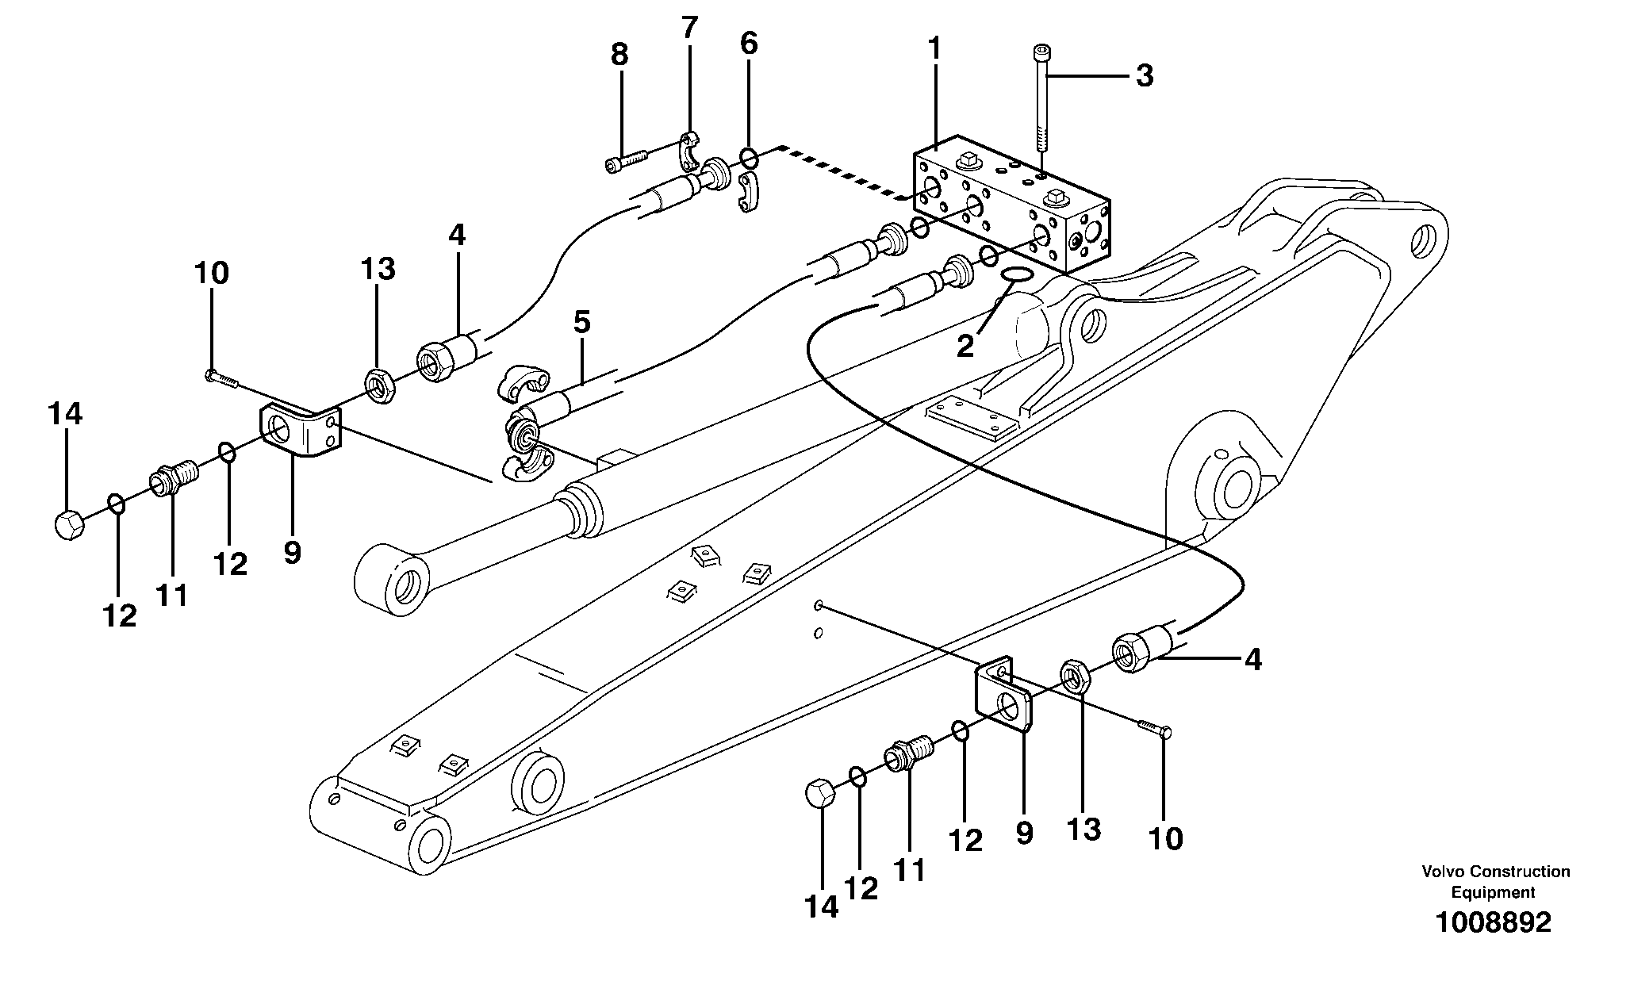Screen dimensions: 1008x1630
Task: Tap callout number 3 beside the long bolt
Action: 1144,77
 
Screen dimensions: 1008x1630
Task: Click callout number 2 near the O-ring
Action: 965,347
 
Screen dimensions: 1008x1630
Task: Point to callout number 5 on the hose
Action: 581,323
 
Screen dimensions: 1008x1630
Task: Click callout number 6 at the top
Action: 749,44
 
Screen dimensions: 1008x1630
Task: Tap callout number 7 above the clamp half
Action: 689,29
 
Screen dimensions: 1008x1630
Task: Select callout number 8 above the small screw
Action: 619,56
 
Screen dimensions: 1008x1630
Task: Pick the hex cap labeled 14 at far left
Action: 70,524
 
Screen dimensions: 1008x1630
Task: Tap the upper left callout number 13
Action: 378,270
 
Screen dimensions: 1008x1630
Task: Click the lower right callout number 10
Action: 1165,838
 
